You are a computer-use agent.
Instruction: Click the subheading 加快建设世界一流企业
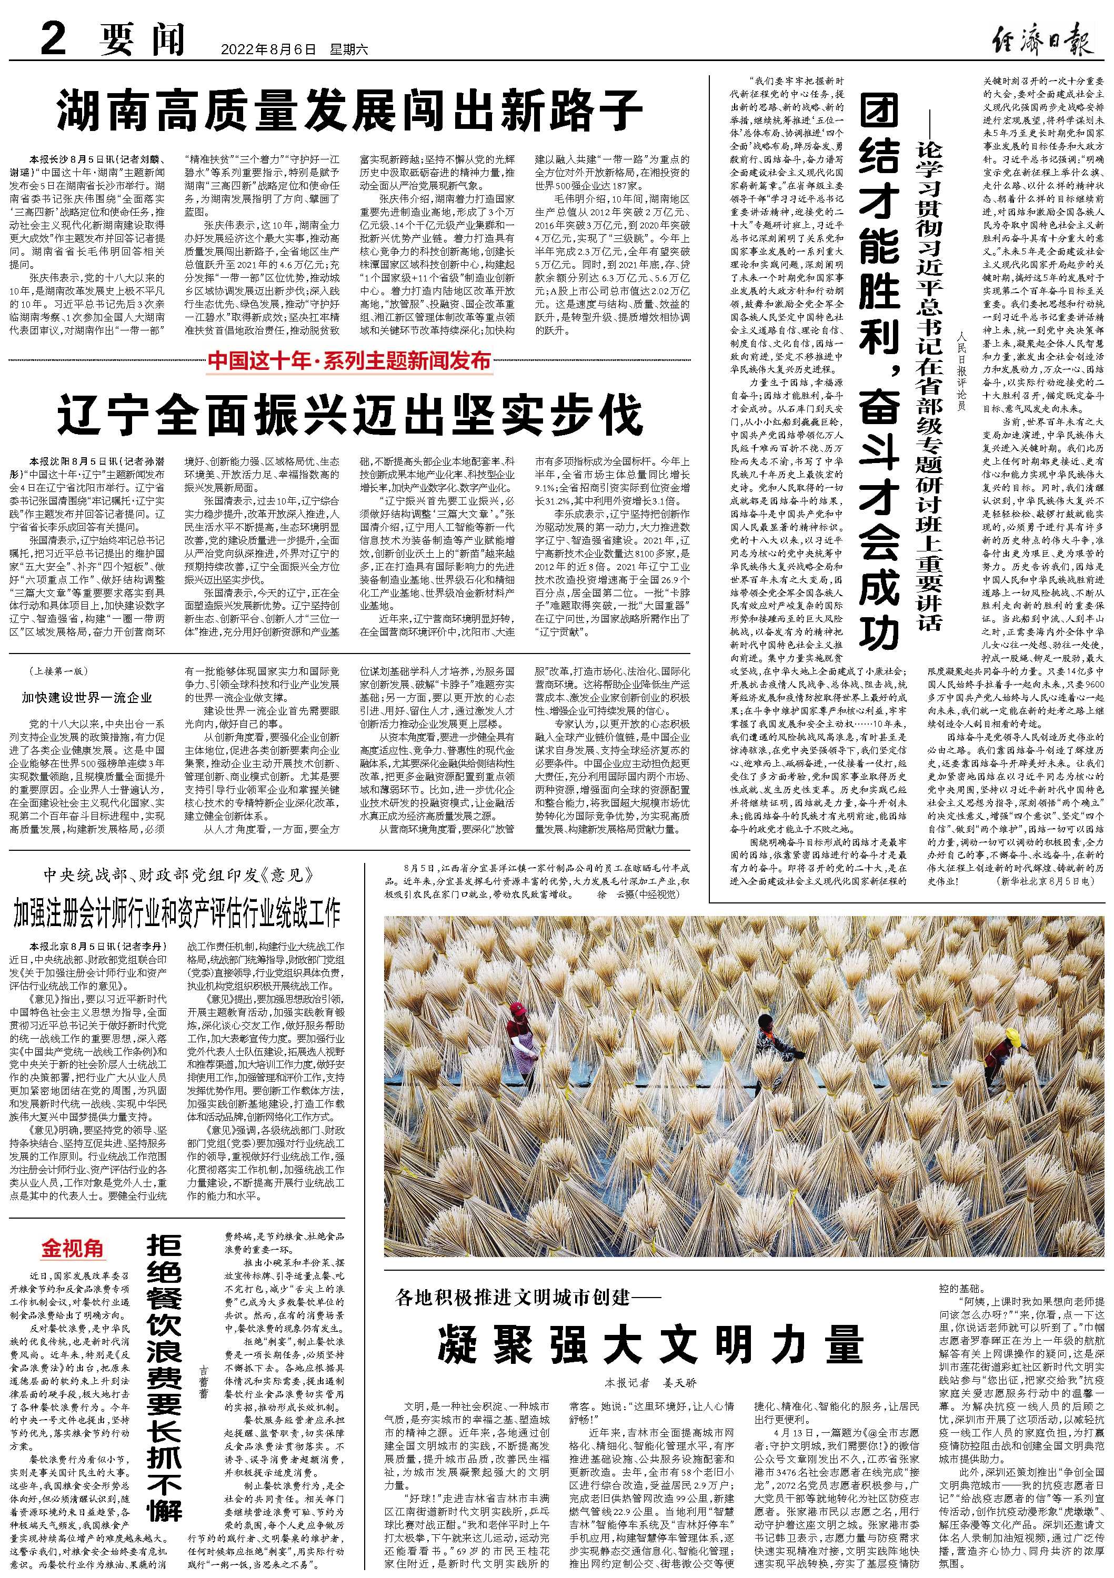click(x=87, y=698)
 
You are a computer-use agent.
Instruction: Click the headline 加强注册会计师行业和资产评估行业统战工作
click(x=177, y=912)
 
